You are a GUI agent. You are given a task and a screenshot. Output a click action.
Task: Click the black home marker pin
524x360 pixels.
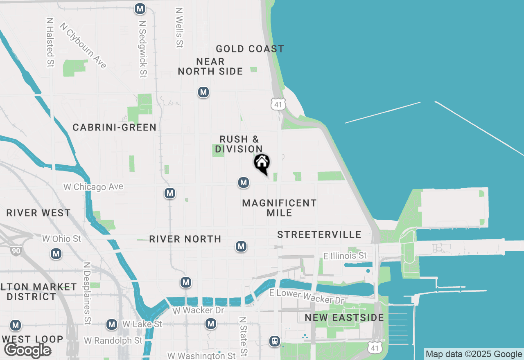pos(262,163)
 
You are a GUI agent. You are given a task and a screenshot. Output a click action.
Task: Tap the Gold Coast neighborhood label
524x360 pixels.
pos(250,49)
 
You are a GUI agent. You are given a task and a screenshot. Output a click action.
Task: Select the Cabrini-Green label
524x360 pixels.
pos(115,127)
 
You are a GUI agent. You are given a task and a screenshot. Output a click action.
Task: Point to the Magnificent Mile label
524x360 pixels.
pos(280,208)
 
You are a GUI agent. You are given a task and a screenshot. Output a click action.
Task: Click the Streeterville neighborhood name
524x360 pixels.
pos(319,234)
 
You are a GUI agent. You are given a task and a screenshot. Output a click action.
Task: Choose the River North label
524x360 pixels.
pos(185,239)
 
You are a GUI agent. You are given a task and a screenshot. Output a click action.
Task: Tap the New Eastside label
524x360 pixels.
pos(344,318)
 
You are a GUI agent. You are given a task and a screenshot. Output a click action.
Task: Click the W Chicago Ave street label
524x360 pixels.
pos(93,187)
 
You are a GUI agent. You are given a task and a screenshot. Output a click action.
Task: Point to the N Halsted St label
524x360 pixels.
pos(50,42)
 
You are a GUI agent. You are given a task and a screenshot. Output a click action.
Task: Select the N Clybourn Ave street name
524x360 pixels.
pos(83,45)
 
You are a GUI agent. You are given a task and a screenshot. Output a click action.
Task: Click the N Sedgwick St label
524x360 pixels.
pos(142,49)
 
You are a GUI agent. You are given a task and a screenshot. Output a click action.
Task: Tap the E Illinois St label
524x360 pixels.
pos(345,256)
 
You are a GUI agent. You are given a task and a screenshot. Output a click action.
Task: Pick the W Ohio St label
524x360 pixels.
pos(62,239)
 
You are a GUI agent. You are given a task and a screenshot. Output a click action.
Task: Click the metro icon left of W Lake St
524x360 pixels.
pos(112,325)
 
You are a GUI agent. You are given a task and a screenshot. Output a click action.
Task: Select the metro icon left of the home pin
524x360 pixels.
pos(244,182)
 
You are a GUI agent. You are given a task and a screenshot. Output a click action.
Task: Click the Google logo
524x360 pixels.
pos(27,350)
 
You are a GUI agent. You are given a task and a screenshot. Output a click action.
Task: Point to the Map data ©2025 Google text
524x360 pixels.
pos(474,354)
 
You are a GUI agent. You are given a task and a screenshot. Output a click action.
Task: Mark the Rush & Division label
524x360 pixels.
pos(239,144)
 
